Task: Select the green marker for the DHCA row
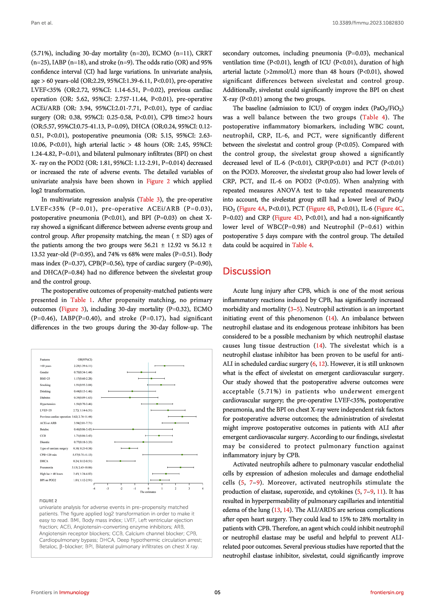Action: (x=120, y=461)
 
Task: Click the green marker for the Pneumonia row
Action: (x=181, y=467)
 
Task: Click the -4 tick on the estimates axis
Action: (x=94, y=489)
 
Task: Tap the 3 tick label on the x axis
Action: (x=189, y=489)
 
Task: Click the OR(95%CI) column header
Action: (x=85, y=359)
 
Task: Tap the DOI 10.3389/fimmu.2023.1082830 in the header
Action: (x=368, y=23)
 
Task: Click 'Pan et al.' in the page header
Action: (x=42, y=23)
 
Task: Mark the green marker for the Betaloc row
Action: (x=133, y=429)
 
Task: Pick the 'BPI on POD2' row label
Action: (x=48, y=480)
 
